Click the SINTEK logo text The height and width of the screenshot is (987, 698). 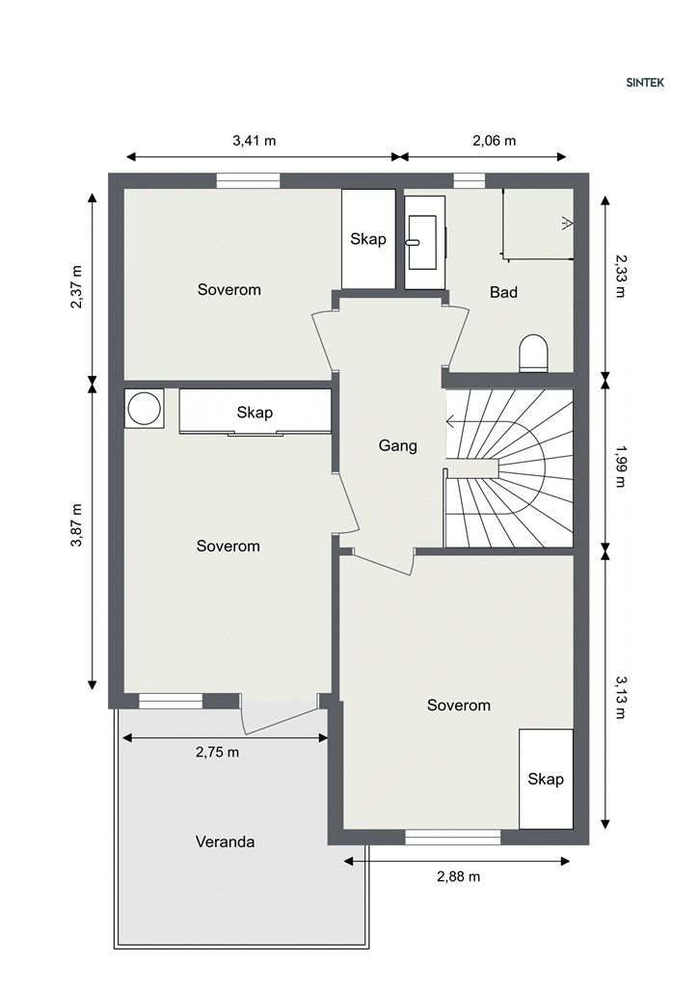[x=645, y=83]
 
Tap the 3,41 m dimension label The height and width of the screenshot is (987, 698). [x=255, y=141]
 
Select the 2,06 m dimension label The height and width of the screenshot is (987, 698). [x=494, y=141]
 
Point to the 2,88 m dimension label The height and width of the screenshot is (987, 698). [x=458, y=876]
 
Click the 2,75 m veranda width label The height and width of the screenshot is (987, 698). [x=218, y=752]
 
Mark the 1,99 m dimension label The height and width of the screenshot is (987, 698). [x=621, y=467]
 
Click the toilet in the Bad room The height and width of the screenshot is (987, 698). [x=534, y=353]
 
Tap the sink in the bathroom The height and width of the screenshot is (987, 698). [x=423, y=242]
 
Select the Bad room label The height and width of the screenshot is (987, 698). [x=503, y=292]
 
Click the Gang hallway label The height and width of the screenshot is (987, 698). [x=398, y=445]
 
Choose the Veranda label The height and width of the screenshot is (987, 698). [x=225, y=841]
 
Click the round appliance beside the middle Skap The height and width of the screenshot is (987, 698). [x=145, y=409]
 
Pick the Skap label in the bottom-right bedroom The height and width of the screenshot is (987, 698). [x=546, y=779]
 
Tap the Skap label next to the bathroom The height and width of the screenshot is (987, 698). [x=368, y=239]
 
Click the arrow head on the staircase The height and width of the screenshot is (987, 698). [x=450, y=421]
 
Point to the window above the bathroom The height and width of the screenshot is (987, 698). [x=470, y=180]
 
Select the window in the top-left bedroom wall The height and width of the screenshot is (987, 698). [x=248, y=180]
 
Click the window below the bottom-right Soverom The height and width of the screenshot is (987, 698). [x=452, y=837]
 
